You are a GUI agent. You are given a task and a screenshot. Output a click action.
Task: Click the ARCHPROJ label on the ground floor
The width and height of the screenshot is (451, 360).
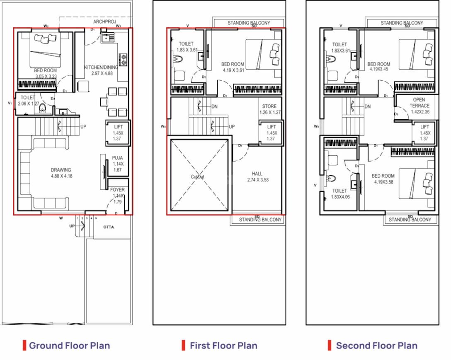pos(105,22)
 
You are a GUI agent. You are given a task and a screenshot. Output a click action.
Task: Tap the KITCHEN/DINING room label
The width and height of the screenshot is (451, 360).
pos(101,68)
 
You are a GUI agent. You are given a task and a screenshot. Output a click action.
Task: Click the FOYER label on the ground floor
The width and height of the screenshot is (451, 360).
pos(118,190)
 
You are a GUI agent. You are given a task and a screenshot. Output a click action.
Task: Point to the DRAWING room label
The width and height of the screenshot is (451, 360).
pos(61,170)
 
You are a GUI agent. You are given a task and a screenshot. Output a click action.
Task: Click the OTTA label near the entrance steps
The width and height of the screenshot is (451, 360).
pos(108,227)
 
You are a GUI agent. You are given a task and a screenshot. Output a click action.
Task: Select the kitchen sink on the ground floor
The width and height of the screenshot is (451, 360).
pos(107,38)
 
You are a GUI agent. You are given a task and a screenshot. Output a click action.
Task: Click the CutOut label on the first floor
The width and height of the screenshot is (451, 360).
pos(198,176)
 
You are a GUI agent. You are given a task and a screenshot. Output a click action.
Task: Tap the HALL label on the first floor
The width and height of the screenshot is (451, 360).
pos(257,174)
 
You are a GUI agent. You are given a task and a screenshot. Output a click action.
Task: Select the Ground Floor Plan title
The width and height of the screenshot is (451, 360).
pos(69,346)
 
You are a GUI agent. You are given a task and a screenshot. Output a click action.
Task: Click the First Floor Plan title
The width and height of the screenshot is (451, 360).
pos(223,346)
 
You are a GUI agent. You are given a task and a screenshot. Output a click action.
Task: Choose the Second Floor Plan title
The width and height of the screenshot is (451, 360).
pos(376,346)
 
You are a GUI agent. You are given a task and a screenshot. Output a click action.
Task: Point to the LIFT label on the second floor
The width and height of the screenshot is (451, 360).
pos(425,127)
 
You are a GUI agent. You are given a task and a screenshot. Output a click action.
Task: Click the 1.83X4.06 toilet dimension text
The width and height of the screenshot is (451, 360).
pos(340,197)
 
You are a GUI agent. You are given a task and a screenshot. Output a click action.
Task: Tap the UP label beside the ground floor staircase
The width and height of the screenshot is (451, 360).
pos(83,126)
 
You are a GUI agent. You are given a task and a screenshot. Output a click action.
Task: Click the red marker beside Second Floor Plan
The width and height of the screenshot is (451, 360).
pos(330,345)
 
